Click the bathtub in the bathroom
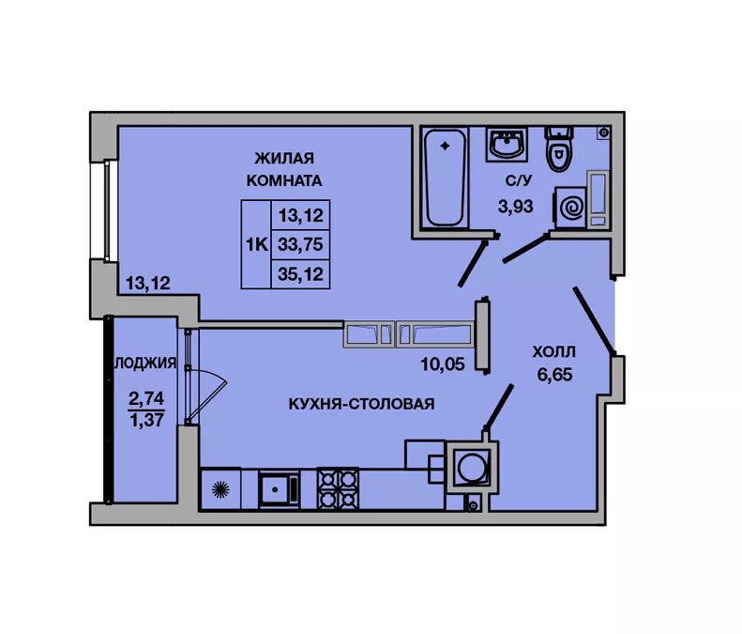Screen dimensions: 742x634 coord(445,178)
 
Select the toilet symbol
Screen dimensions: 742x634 coord(559,148)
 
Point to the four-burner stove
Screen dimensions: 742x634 coord(338,488)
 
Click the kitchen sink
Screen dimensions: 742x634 coord(280,489)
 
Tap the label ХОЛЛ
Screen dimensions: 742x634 coord(554,352)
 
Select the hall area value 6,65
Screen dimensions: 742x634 coord(554,375)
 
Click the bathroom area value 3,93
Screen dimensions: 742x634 coord(515,206)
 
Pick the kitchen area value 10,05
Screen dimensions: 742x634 coord(443,363)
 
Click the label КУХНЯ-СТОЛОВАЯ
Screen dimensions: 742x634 coord(361,404)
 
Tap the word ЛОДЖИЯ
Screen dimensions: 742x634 coord(145,363)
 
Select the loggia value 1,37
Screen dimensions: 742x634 coord(146,419)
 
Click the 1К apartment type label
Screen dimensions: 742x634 coord(256,244)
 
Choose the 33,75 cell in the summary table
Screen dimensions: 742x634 coord(300,244)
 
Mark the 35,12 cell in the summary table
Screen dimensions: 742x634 coord(300,274)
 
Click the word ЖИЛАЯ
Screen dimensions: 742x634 coord(284,158)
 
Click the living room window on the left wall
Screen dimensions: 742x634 coord(108,210)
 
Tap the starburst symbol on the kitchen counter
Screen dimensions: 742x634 coord(220,489)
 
